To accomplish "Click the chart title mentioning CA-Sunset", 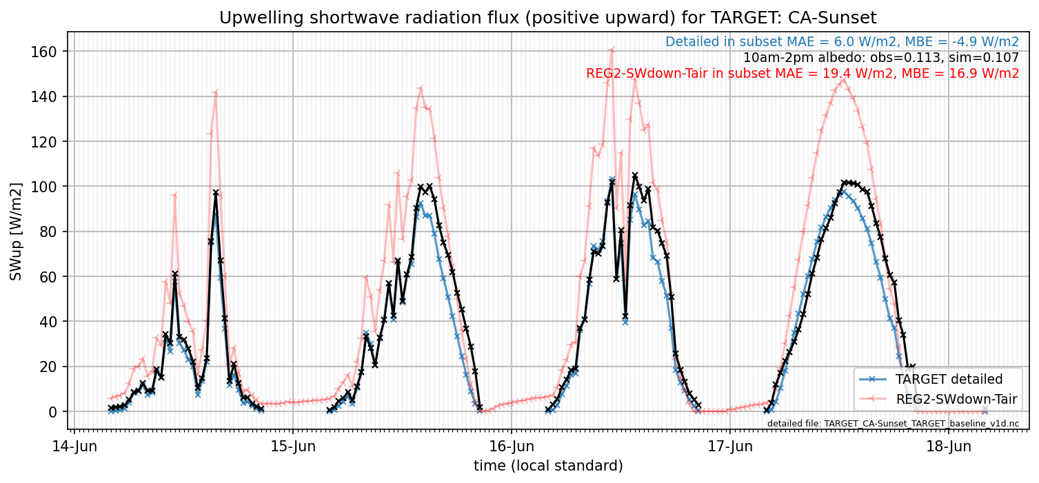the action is [x=548, y=18].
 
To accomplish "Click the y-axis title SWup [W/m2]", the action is [x=16, y=232].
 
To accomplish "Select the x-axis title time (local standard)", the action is [x=548, y=465].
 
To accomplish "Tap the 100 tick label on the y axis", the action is [x=43, y=186].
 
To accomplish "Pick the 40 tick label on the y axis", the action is [x=48, y=321].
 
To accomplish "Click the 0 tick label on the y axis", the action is [x=52, y=411].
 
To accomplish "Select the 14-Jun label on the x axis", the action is [x=74, y=446].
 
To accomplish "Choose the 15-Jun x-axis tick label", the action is [x=293, y=446].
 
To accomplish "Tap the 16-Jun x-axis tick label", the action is [x=512, y=446].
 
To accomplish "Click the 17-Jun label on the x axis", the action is [x=730, y=446].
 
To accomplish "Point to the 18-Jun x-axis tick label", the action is [x=949, y=446].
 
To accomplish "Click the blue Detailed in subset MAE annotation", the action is [x=842, y=42].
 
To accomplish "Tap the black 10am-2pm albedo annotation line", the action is [x=881, y=57].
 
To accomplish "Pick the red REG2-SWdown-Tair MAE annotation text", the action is [x=803, y=73].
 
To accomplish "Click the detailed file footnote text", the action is [x=893, y=424].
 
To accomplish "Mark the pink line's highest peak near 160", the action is [x=612, y=49].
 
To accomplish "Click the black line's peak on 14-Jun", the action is [x=216, y=192].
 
